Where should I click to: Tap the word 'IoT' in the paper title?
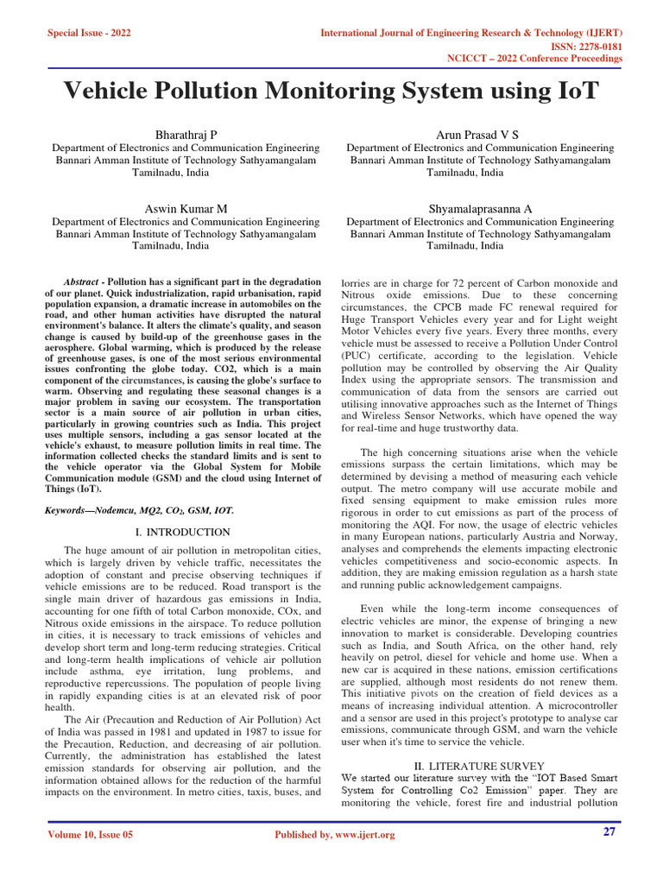tap(568, 92)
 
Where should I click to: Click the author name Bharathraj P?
tap(186, 136)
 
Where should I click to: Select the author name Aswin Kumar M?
tap(186, 209)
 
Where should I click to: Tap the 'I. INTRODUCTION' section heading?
tap(183, 532)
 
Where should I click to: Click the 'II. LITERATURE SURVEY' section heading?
tap(478, 766)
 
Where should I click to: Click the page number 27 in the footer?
tap(610, 832)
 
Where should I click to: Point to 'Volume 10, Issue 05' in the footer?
tap(91, 835)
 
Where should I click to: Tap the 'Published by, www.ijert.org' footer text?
tap(334, 835)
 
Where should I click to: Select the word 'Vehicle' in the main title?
tap(116, 92)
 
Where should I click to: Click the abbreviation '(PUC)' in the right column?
tap(359, 355)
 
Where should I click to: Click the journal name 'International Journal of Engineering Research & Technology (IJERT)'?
tap(471, 33)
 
